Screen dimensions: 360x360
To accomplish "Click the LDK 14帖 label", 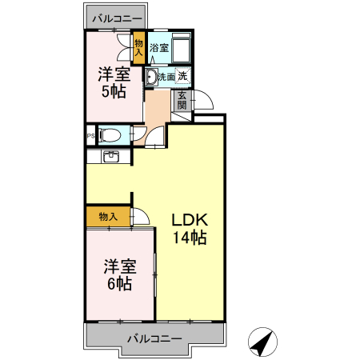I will tap(190, 228).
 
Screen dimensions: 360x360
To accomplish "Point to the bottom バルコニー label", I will tap(154, 338).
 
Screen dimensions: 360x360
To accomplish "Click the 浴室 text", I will tap(159, 47).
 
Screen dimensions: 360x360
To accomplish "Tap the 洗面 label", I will tap(166, 77).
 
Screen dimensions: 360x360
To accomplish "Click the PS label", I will tap(90, 135).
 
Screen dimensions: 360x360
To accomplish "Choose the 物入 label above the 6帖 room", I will tap(108, 217).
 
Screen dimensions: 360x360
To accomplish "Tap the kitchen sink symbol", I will tap(111, 156).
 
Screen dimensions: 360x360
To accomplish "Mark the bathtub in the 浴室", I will tap(182, 47).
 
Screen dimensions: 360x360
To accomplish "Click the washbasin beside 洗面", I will tap(150, 78).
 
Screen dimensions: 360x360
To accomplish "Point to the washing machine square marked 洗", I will tap(184, 77).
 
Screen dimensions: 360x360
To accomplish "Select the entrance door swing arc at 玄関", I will tap(203, 102).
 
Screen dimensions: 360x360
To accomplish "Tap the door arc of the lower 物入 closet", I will tap(142, 216).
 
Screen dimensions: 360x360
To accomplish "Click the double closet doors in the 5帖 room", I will tap(124, 46).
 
